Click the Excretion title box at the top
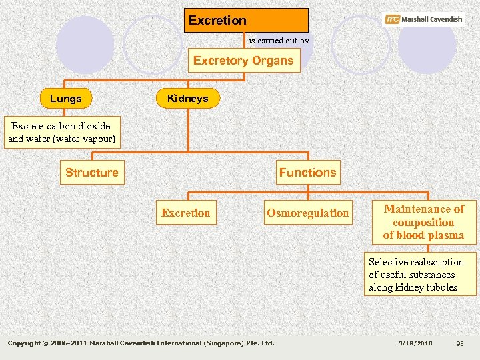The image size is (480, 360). point(246,20)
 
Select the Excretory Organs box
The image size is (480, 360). point(243,61)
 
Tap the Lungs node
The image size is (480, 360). point(66,99)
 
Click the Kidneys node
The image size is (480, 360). point(188,99)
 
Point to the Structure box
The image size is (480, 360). point(91,173)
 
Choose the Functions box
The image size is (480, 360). point(307,173)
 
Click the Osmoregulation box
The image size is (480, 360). point(307,213)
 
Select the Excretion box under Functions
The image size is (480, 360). point(185,213)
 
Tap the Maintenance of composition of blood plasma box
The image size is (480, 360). point(423,222)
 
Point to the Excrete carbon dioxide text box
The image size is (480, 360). point(61,133)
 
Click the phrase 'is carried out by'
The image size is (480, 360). point(279,41)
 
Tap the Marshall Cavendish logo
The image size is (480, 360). point(424,19)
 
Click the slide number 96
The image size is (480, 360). point(459,343)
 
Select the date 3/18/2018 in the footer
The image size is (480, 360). point(415,343)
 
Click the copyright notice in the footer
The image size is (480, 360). point(141,343)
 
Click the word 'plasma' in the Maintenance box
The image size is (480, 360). point(447,235)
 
